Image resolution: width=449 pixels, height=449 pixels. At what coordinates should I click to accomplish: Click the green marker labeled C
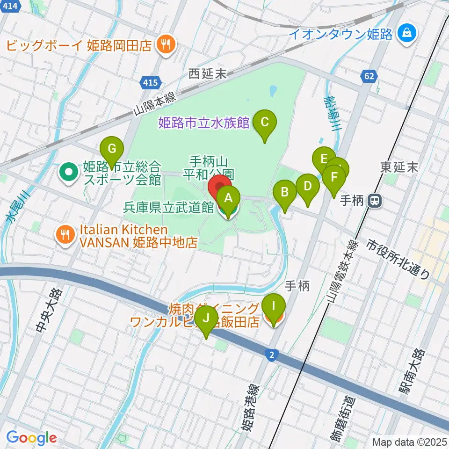(x=264, y=123)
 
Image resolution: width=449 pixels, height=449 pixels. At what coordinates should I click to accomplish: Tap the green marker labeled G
(x=112, y=149)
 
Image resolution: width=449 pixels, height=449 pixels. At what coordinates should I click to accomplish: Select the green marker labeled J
(x=206, y=319)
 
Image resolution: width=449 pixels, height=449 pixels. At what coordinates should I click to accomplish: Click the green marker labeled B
(x=284, y=192)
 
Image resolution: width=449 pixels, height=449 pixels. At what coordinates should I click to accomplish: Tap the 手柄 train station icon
(x=374, y=201)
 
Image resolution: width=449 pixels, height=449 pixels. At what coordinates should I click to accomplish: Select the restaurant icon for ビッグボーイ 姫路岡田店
(x=164, y=45)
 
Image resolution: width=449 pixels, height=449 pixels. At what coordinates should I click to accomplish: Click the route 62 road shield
(x=368, y=75)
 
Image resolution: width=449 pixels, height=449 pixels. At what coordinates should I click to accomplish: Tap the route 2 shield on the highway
(x=271, y=355)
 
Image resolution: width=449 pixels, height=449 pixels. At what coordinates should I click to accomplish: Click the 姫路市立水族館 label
(x=204, y=123)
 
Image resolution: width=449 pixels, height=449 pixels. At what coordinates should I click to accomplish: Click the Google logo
(x=32, y=438)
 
